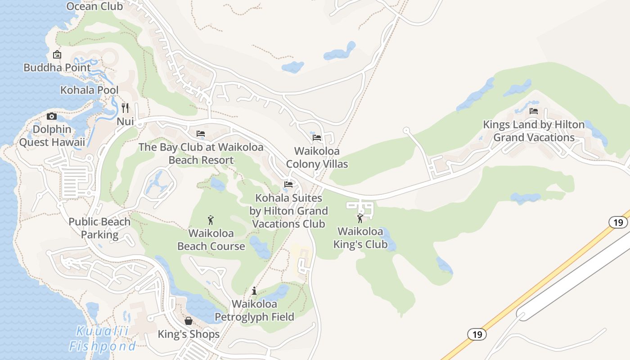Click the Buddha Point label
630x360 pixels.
(x=57, y=68)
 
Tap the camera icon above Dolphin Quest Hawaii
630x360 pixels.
(x=52, y=117)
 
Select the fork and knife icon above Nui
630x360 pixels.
(x=125, y=108)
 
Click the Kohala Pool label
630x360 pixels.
(x=90, y=90)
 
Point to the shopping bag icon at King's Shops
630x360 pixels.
(x=189, y=321)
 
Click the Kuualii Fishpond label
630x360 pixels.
(x=102, y=339)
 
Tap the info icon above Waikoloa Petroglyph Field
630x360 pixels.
(x=254, y=291)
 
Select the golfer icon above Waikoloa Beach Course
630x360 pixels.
(x=211, y=220)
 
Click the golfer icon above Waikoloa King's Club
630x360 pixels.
(x=360, y=219)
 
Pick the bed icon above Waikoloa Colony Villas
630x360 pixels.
(x=317, y=138)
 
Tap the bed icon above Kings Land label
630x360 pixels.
(x=534, y=111)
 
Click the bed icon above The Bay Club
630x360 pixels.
(x=201, y=134)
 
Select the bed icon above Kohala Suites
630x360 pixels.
(x=288, y=184)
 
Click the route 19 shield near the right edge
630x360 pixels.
(x=618, y=222)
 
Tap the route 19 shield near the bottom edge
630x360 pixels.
(x=477, y=334)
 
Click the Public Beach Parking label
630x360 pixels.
(x=99, y=228)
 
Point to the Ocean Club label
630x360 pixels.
(x=94, y=6)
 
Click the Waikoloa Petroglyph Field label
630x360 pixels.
(x=254, y=310)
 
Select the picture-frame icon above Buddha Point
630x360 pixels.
(x=57, y=55)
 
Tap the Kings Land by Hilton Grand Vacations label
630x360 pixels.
(x=534, y=131)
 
